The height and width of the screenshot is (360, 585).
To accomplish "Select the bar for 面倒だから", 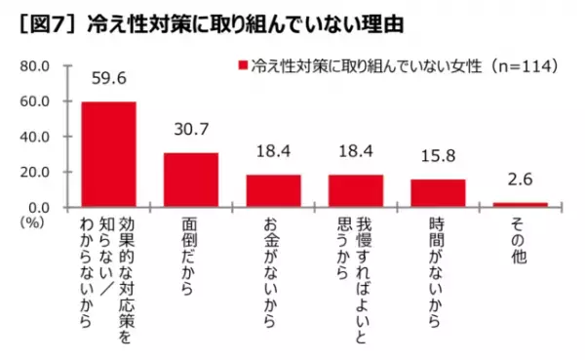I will (191, 180).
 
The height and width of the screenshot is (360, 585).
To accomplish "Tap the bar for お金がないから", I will (273, 190).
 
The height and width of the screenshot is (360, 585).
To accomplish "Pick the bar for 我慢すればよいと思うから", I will (356, 190).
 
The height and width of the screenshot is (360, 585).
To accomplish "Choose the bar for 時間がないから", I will (438, 192).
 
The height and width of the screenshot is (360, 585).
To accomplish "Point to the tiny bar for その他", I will (521, 204).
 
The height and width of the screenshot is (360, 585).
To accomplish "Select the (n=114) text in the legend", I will (522, 66).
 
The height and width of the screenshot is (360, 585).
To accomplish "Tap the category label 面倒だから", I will (191, 256).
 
